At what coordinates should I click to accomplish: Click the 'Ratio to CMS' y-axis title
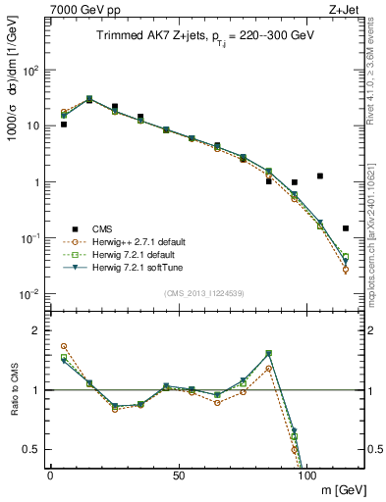pyautogui.click(x=12, y=390)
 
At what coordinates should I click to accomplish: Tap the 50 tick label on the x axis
pyautogui.click(x=178, y=475)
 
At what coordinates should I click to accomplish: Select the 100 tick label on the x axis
pyautogui.click(x=306, y=475)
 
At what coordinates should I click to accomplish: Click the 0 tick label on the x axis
pyautogui.click(x=50, y=475)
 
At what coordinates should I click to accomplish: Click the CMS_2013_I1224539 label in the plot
pyautogui.click(x=204, y=293)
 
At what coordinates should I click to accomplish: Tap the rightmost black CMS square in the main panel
pyautogui.click(x=346, y=228)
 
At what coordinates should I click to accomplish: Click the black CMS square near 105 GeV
pyautogui.click(x=320, y=176)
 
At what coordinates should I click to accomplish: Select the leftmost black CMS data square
pyautogui.click(x=63, y=125)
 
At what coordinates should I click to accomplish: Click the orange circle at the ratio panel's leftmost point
pyautogui.click(x=63, y=346)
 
